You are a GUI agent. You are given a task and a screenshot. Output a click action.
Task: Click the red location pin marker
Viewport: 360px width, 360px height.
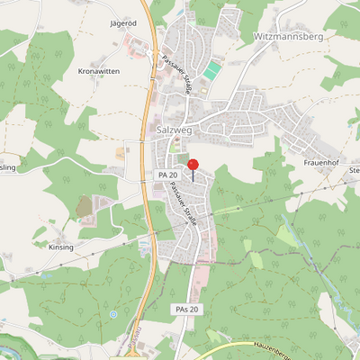point(193,165)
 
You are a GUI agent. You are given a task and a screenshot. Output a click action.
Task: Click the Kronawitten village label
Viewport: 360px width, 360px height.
point(100,69)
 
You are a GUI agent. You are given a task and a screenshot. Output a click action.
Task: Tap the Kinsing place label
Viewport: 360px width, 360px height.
point(61,247)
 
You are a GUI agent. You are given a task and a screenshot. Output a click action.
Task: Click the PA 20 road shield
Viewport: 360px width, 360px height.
point(167,174)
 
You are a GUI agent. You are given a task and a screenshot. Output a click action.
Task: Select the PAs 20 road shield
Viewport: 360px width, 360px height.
point(185,309)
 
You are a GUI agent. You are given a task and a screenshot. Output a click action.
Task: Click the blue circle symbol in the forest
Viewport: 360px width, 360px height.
point(113,314)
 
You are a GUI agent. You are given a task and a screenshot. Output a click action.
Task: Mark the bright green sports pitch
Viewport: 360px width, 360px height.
point(211,70)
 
